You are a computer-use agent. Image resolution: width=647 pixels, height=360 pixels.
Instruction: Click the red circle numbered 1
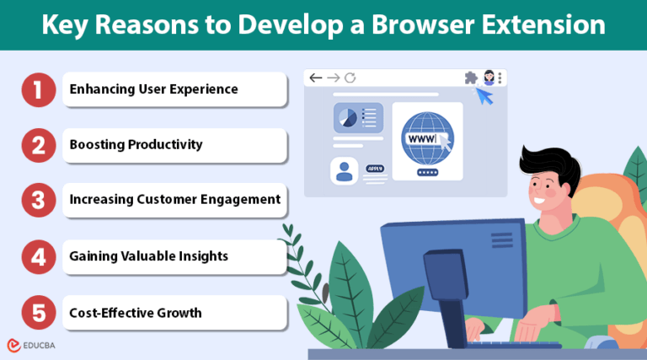(x=38, y=89)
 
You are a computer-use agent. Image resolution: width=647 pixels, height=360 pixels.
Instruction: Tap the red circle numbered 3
(x=38, y=200)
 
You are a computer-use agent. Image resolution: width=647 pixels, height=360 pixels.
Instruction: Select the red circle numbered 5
(x=38, y=313)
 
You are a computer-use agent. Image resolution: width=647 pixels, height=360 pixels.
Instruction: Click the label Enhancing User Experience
(x=153, y=89)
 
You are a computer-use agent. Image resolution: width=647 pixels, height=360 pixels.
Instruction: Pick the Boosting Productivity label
(x=136, y=144)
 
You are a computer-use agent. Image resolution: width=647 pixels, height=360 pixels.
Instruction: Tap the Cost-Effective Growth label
(x=136, y=313)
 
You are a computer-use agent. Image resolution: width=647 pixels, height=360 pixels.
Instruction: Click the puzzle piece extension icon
(x=470, y=78)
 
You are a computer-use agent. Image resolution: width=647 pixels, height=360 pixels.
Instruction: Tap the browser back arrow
(x=316, y=78)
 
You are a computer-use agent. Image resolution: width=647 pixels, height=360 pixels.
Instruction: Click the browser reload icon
(x=350, y=78)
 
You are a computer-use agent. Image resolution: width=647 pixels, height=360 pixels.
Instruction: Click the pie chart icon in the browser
(x=346, y=117)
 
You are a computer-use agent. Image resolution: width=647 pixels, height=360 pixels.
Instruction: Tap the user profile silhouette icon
(x=344, y=171)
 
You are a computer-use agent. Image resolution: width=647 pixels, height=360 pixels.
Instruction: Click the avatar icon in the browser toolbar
(x=488, y=78)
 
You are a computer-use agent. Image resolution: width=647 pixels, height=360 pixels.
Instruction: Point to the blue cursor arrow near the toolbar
(x=484, y=97)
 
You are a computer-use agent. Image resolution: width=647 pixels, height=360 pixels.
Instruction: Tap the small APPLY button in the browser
(x=375, y=169)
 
